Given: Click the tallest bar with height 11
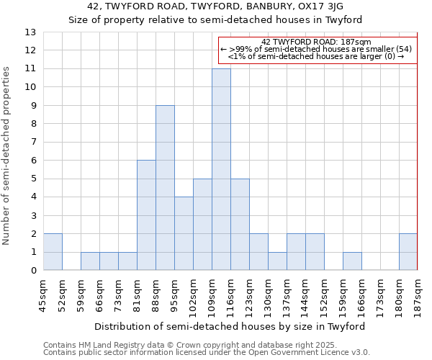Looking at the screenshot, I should (221, 169).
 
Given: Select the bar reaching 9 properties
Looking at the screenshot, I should (165, 188).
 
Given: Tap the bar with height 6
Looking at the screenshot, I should (146, 215).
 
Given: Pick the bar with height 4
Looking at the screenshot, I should (184, 233).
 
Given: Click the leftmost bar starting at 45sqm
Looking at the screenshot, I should (53, 252).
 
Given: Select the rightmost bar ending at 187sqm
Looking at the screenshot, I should (408, 252).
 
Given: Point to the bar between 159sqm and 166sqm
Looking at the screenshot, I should (352, 261).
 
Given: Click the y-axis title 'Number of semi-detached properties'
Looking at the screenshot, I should (7, 156).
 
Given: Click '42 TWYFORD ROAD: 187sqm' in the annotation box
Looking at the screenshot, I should (316, 42).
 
